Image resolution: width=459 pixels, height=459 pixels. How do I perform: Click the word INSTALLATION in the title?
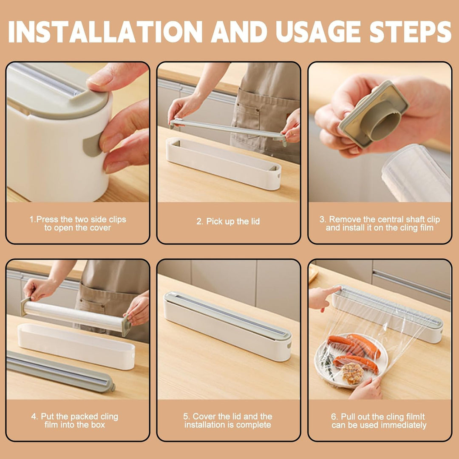105,31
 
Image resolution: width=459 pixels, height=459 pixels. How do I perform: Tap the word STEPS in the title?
410,31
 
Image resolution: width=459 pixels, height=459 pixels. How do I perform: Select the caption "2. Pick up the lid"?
228,221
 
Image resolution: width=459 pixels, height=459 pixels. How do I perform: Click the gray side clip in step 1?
92,145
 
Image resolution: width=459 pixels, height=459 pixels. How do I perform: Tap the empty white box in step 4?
76,346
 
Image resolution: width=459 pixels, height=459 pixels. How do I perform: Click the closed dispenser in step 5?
227,326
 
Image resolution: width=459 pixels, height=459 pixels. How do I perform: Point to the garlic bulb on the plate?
353,373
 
